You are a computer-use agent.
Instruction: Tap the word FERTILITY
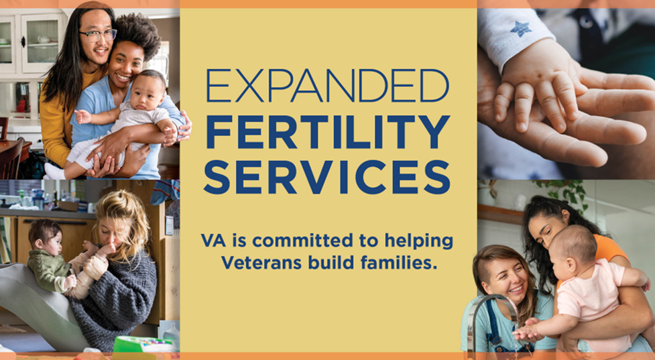[327, 131]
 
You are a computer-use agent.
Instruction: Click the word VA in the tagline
[213, 240]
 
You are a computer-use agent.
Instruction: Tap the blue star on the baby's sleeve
[520, 28]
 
